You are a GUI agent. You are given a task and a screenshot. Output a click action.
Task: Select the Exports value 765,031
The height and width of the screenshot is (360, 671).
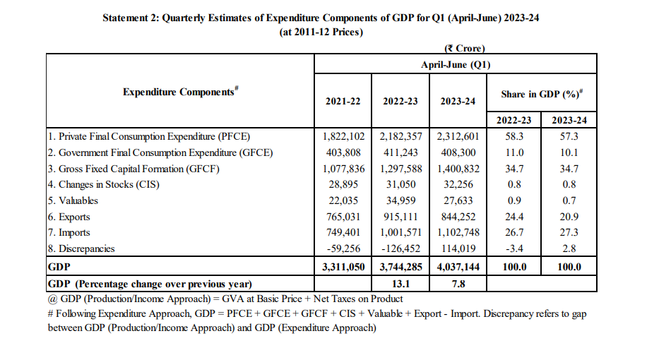(x=343, y=217)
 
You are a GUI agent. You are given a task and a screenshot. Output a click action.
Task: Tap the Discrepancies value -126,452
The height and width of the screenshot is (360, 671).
(x=400, y=248)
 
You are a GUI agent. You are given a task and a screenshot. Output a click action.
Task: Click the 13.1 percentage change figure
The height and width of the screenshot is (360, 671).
(x=400, y=284)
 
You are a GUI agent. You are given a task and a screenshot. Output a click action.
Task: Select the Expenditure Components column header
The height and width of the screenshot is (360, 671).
(x=179, y=92)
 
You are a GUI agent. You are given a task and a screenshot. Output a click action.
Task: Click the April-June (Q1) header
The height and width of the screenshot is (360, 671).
(x=456, y=64)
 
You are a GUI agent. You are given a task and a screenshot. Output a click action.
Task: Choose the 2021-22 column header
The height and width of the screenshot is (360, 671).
(x=343, y=101)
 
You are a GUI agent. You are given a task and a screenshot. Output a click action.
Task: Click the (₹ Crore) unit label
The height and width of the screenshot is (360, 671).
(x=463, y=49)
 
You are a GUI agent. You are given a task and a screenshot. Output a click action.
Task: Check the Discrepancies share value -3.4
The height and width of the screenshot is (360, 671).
(x=513, y=248)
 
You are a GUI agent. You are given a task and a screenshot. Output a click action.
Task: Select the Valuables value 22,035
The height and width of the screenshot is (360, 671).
(x=343, y=200)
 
